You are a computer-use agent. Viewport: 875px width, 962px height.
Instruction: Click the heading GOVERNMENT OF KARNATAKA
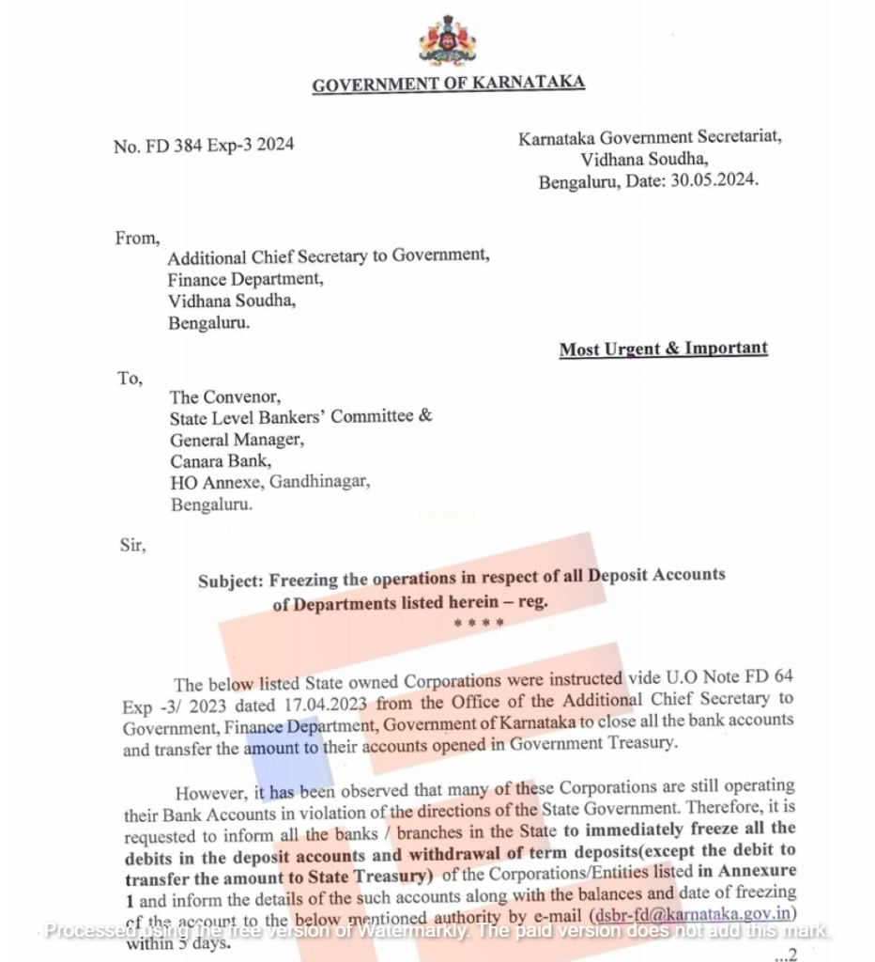pyautogui.click(x=448, y=85)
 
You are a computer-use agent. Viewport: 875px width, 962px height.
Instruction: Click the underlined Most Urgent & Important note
pyautogui.click(x=663, y=349)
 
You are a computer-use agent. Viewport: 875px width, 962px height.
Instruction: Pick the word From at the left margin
pyautogui.click(x=136, y=238)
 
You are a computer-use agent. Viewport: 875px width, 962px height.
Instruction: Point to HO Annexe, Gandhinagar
pyautogui.click(x=269, y=483)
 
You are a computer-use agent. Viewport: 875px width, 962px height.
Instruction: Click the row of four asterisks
pyautogui.click(x=478, y=624)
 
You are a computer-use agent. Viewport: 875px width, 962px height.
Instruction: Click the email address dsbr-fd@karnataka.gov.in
pyautogui.click(x=694, y=915)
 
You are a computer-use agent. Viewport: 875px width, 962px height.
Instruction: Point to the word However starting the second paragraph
pyautogui.click(x=212, y=791)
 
